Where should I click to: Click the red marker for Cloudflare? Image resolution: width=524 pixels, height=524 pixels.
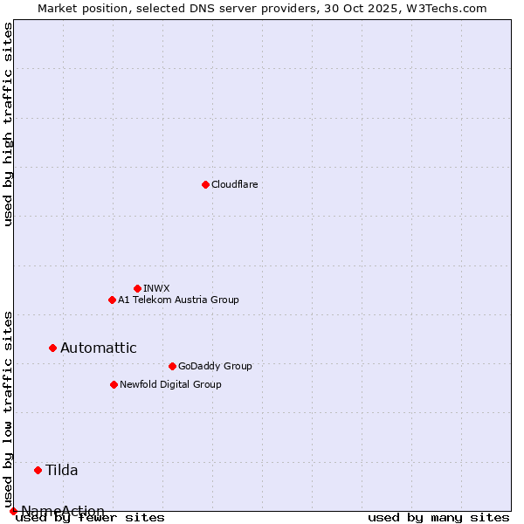[x=205, y=184]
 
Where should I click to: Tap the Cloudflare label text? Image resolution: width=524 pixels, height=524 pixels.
[x=234, y=184]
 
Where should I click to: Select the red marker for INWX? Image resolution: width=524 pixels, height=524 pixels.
[x=137, y=288]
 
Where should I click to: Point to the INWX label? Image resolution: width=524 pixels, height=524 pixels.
[x=156, y=288]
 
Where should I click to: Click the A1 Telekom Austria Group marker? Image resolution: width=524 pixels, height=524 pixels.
[x=112, y=300]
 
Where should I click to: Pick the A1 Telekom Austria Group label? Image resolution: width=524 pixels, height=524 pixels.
[x=178, y=300]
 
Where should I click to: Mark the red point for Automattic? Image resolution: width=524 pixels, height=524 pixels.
[x=52, y=348]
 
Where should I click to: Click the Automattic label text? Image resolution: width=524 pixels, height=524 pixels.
[x=98, y=348]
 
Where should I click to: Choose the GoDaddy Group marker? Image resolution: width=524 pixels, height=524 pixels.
[x=172, y=366]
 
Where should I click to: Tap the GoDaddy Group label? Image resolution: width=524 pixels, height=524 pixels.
[x=214, y=366]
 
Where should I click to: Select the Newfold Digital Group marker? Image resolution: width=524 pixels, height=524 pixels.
[x=114, y=384]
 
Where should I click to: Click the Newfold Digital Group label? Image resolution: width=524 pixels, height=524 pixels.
[x=170, y=384]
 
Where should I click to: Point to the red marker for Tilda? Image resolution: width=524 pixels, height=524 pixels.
[x=38, y=470]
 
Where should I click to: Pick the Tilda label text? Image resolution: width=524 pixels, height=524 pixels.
[x=61, y=470]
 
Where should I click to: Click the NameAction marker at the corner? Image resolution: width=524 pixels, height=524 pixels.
[x=13, y=511]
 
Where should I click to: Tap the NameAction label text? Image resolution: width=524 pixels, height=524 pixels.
[x=63, y=511]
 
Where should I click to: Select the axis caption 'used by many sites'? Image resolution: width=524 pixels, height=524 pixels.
[x=438, y=517]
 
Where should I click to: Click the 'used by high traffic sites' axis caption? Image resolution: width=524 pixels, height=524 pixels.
[x=8, y=124]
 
